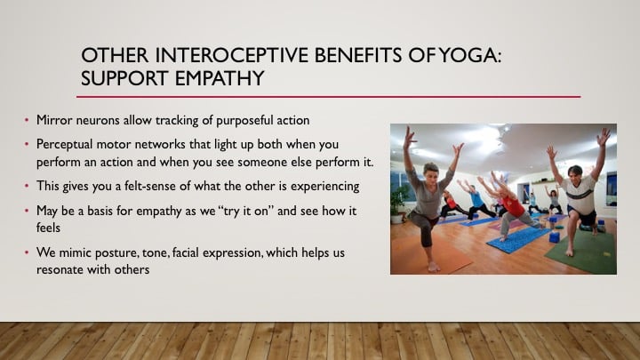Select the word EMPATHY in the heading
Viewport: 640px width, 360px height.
(x=220, y=78)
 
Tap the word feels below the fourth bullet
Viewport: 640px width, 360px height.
(x=48, y=228)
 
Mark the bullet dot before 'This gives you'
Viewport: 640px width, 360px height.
(x=27, y=186)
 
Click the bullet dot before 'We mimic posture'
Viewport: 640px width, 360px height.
(x=27, y=252)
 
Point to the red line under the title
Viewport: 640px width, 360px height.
(x=328, y=97)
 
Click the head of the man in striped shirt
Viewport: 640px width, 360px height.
(x=575, y=175)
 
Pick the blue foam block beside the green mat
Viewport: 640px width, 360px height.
(x=555, y=237)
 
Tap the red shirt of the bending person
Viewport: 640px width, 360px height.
(x=513, y=206)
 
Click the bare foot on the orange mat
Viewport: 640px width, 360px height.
(x=433, y=267)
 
